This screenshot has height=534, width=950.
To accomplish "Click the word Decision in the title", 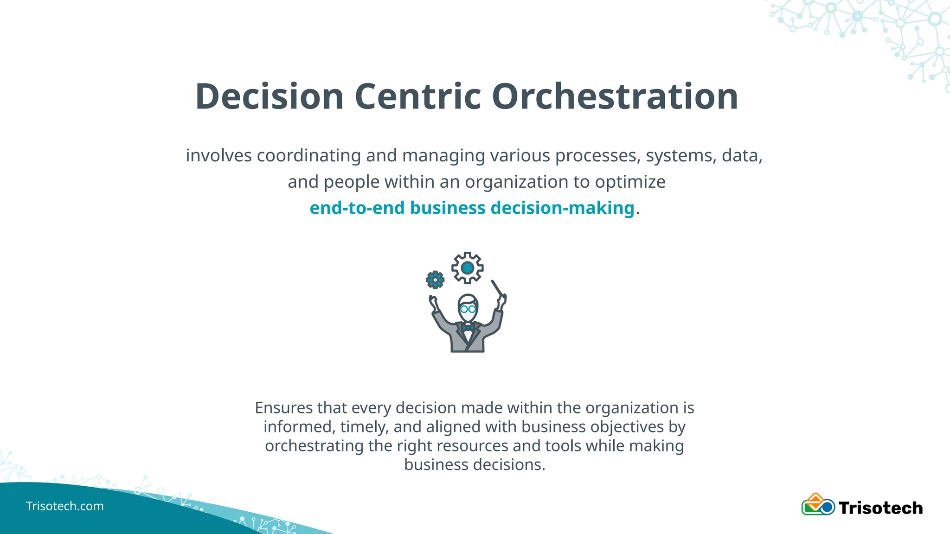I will pos(269,96).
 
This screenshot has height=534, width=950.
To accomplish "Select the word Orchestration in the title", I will pos(615,96).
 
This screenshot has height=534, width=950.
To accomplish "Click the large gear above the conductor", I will pos(468,267).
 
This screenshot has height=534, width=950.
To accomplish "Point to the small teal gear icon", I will pos(435,280).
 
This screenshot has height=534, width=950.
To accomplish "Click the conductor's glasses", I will pos(468,308).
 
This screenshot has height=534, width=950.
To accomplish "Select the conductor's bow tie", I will pos(468,328).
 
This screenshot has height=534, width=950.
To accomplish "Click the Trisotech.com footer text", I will pos(65,506).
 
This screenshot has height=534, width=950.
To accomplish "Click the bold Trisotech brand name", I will pos(880,508).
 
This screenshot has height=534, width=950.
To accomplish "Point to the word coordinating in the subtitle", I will pos(309,155).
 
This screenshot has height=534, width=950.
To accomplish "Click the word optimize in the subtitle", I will pos(630,182).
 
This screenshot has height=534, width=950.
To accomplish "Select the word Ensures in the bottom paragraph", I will pos(284,408).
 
